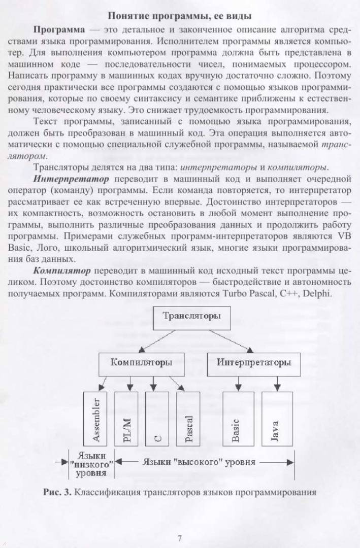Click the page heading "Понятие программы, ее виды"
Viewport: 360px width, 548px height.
tap(180, 15)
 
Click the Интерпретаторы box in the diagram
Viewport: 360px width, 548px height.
tap(254, 363)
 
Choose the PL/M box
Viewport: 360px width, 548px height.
tap(126, 419)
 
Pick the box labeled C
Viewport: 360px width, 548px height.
tap(157, 419)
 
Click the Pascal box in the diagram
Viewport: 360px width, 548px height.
tap(188, 419)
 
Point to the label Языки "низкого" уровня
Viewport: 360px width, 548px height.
tap(91, 463)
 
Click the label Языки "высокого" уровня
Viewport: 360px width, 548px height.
tap(199, 462)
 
